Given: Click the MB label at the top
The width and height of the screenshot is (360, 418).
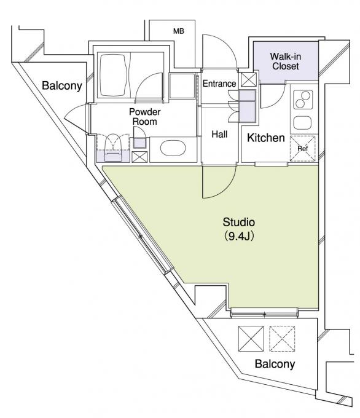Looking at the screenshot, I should [178, 31].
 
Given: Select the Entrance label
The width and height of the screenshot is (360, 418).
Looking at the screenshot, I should [219, 84].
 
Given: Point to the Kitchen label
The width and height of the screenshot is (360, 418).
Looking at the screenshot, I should [266, 138].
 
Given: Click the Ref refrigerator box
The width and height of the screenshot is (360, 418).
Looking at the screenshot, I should [303, 148].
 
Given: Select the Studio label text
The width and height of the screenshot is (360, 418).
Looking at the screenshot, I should [238, 222].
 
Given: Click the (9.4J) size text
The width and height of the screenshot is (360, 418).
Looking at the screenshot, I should [238, 236].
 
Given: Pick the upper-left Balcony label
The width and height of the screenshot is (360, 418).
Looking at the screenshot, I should [62, 86].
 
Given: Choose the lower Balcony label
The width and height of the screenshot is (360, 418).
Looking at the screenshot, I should [275, 364].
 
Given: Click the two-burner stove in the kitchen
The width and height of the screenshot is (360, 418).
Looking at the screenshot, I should [303, 100].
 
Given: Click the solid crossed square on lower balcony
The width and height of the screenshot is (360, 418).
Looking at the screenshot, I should [250, 337].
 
